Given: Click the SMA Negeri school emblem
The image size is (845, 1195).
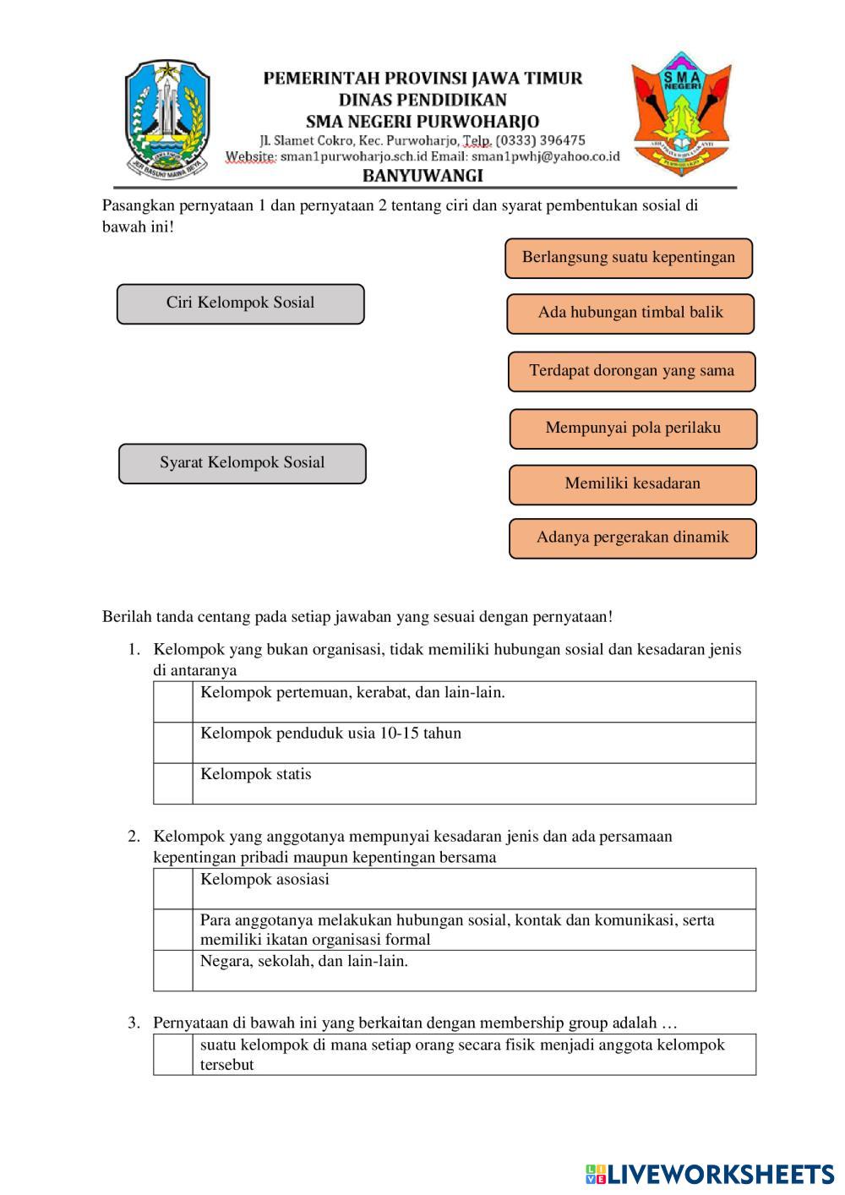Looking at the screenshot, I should pyautogui.click(x=681, y=113).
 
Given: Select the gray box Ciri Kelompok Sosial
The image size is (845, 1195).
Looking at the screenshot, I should pyautogui.click(x=241, y=304).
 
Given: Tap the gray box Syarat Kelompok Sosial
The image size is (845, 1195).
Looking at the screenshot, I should pyautogui.click(x=243, y=464).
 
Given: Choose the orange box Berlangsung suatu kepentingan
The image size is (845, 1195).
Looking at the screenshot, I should pyautogui.click(x=629, y=259).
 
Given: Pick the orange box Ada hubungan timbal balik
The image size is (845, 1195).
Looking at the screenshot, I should pyautogui.click(x=630, y=314).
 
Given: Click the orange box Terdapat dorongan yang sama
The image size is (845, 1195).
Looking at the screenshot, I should pyautogui.click(x=631, y=372).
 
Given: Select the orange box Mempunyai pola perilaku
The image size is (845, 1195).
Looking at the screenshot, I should pyautogui.click(x=633, y=429).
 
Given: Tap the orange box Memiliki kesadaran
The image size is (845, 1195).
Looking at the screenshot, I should pyautogui.click(x=632, y=485).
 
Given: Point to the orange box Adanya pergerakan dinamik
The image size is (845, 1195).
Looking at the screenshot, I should pyautogui.click(x=632, y=538).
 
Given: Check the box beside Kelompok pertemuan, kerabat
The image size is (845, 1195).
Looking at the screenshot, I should pyautogui.click(x=173, y=702).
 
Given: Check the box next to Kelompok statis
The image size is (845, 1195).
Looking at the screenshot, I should pyautogui.click(x=173, y=783).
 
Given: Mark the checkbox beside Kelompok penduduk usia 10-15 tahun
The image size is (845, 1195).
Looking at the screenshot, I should pyautogui.click(x=173, y=743).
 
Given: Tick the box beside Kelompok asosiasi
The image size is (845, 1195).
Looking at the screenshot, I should pyautogui.click(x=173, y=889).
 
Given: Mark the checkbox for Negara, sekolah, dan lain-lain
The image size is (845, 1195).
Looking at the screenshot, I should pyautogui.click(x=173, y=970).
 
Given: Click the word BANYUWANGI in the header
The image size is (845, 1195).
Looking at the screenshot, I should pyautogui.click(x=422, y=176).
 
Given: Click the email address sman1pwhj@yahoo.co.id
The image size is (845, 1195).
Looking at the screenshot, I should pyautogui.click(x=546, y=156).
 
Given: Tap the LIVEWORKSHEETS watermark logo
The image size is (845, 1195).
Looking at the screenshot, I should pyautogui.click(x=710, y=1174).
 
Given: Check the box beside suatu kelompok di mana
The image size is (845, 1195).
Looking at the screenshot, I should pyautogui.click(x=173, y=1055).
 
